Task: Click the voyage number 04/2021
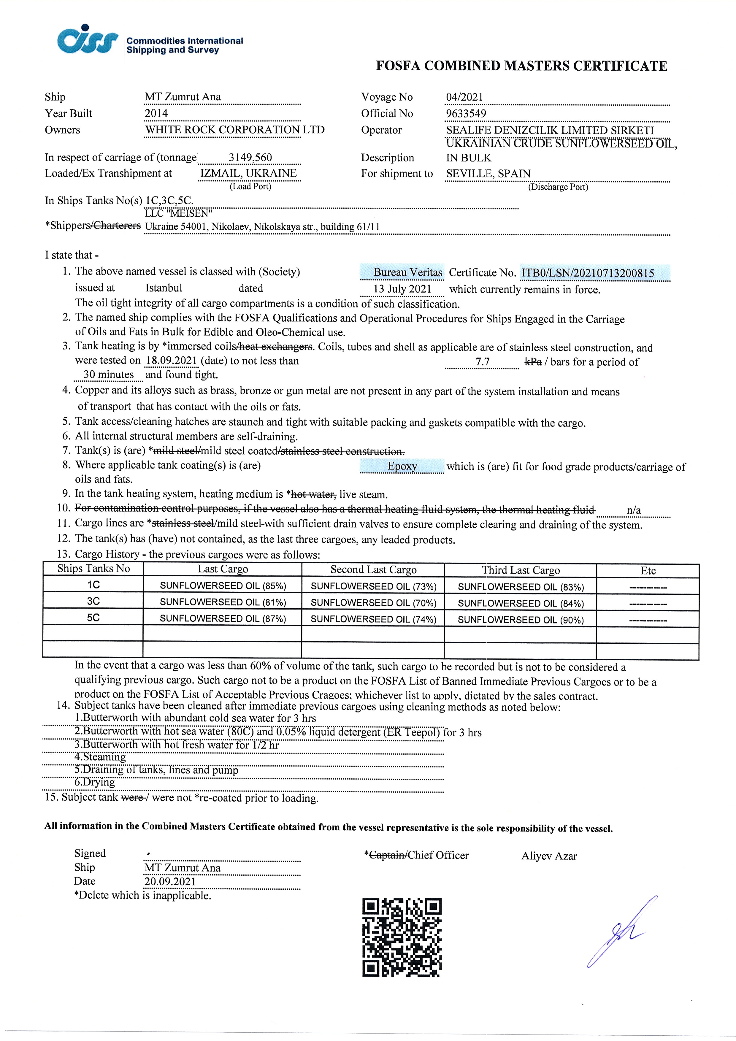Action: point(464,97)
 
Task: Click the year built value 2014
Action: point(156,113)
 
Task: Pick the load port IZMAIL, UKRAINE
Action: point(248,173)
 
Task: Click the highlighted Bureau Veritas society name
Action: point(407,272)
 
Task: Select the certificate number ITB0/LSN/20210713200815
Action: point(588,273)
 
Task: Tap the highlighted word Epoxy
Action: point(402,466)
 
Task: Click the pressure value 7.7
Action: point(483,362)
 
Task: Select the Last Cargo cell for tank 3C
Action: point(223,602)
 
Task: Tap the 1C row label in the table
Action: point(93,585)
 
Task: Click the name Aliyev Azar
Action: point(549,856)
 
